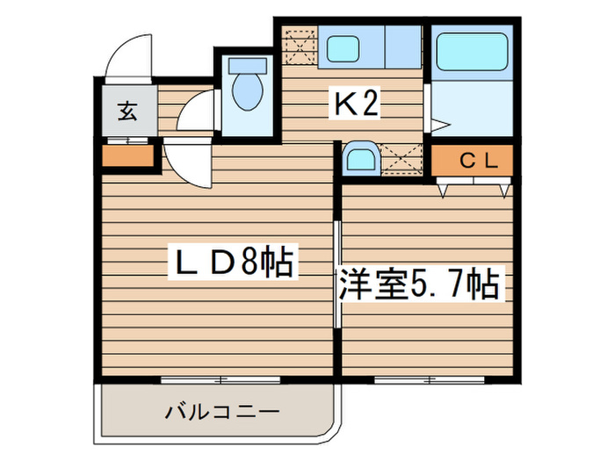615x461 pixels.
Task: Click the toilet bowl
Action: (x=245, y=92)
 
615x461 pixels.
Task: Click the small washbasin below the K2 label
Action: (x=360, y=159)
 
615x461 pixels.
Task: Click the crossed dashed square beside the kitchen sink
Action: (x=299, y=45)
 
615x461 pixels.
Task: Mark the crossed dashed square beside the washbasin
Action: (x=403, y=161)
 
